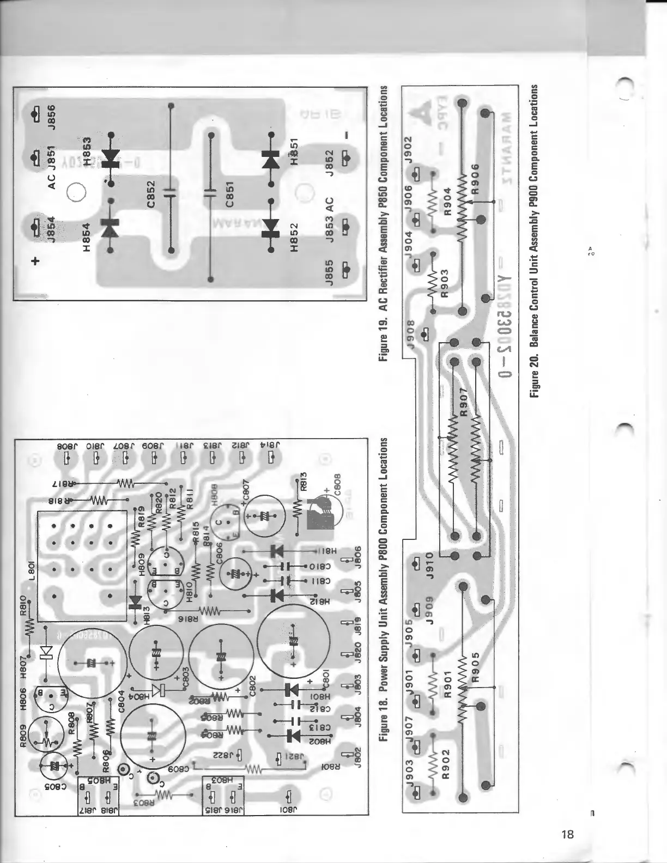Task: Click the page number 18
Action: (567, 834)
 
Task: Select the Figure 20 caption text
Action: (535, 241)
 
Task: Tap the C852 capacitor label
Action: (153, 194)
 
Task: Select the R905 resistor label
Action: (476, 667)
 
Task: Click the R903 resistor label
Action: (444, 283)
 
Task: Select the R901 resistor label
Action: (448, 689)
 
